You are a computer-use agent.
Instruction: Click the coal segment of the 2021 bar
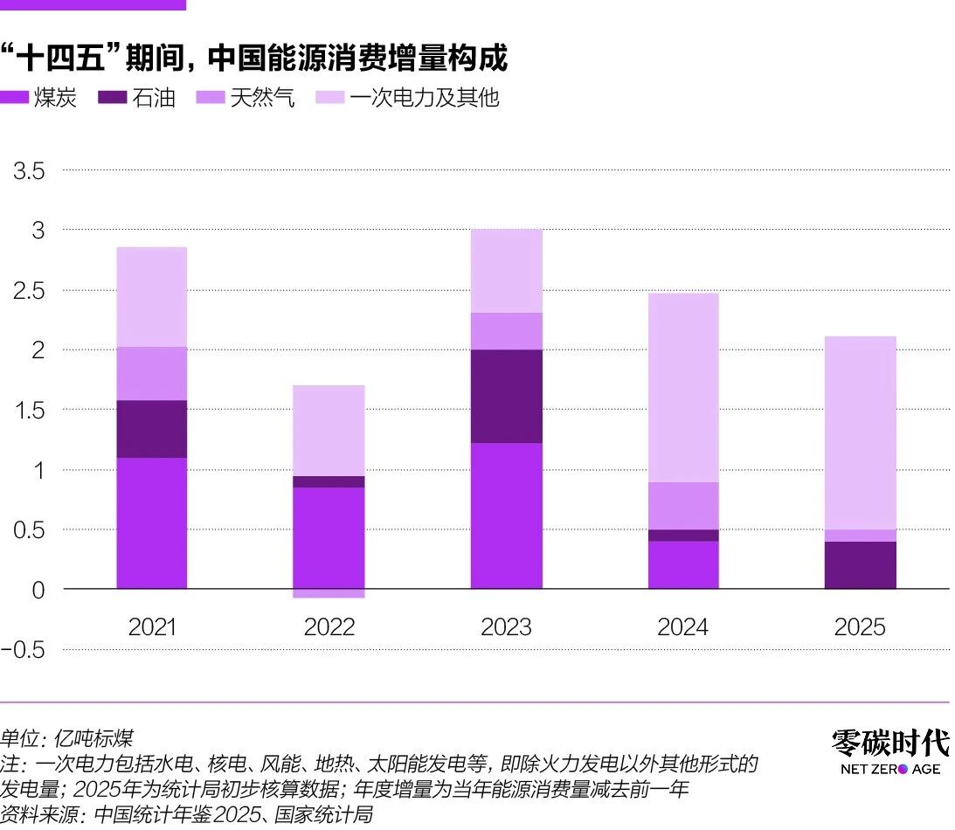click(151, 522)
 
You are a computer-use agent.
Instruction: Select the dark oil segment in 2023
click(506, 396)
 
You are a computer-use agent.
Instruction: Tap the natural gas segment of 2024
click(683, 505)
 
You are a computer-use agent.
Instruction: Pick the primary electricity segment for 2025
click(861, 432)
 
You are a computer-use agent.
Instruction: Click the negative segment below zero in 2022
click(329, 594)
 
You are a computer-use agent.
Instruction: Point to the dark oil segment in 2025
click(861, 564)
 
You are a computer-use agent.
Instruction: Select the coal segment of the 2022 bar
click(329, 537)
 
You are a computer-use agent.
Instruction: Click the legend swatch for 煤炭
click(15, 98)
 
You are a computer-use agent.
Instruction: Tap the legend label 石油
click(154, 98)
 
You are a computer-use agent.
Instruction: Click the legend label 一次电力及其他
click(425, 98)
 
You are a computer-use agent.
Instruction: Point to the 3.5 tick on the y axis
click(29, 170)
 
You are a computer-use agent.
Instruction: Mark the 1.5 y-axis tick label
click(29, 410)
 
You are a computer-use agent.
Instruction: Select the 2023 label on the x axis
click(506, 627)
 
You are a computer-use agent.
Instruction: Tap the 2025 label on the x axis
click(860, 627)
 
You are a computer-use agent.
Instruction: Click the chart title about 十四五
click(254, 59)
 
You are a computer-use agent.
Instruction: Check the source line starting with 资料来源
click(187, 815)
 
